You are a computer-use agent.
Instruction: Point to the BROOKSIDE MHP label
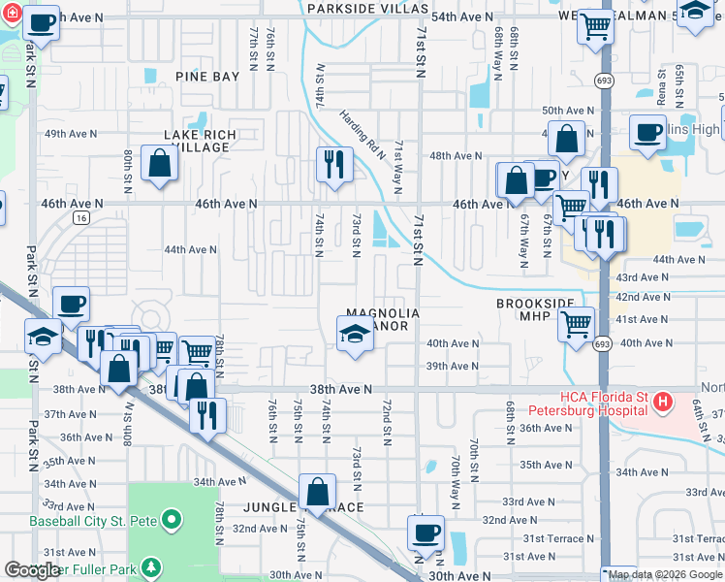pos(529,310)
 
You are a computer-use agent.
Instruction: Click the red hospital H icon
pos(663,400)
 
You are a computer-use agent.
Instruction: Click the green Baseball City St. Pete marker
pos(173,521)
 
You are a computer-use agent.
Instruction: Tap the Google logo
pos(32,570)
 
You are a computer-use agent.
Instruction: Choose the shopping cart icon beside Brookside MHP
pos(577,321)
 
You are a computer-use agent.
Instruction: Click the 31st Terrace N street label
pos(553,538)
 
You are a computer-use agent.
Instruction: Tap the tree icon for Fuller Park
pos(150,566)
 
